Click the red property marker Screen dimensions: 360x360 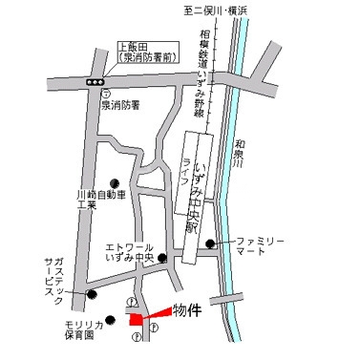click(140, 318)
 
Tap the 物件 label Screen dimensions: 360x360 click(187, 309)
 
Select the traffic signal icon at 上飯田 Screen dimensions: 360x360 click(95, 83)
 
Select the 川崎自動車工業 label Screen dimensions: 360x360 click(100, 200)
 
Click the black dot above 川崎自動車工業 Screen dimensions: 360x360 click(116, 184)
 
